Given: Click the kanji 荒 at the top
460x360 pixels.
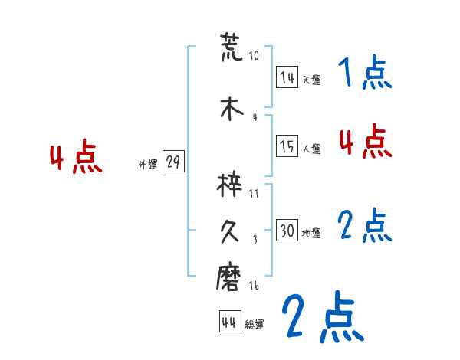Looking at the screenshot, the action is (x=231, y=47).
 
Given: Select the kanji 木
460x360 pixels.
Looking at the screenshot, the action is (x=231, y=109).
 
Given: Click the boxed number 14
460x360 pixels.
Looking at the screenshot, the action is (x=287, y=77).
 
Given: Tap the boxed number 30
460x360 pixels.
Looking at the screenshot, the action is (x=287, y=231).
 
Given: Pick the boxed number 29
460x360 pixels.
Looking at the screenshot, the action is (x=173, y=163).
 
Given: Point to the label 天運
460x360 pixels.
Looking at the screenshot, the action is (x=310, y=79).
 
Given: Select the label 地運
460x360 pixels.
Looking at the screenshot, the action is (x=311, y=233).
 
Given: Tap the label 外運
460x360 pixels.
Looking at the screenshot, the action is (x=147, y=165).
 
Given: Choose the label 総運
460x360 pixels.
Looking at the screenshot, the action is (x=255, y=325).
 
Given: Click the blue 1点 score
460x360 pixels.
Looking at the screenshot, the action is (x=364, y=74).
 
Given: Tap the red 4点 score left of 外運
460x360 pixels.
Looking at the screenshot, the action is (x=75, y=159).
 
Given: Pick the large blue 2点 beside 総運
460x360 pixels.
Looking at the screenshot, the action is (x=322, y=316).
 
